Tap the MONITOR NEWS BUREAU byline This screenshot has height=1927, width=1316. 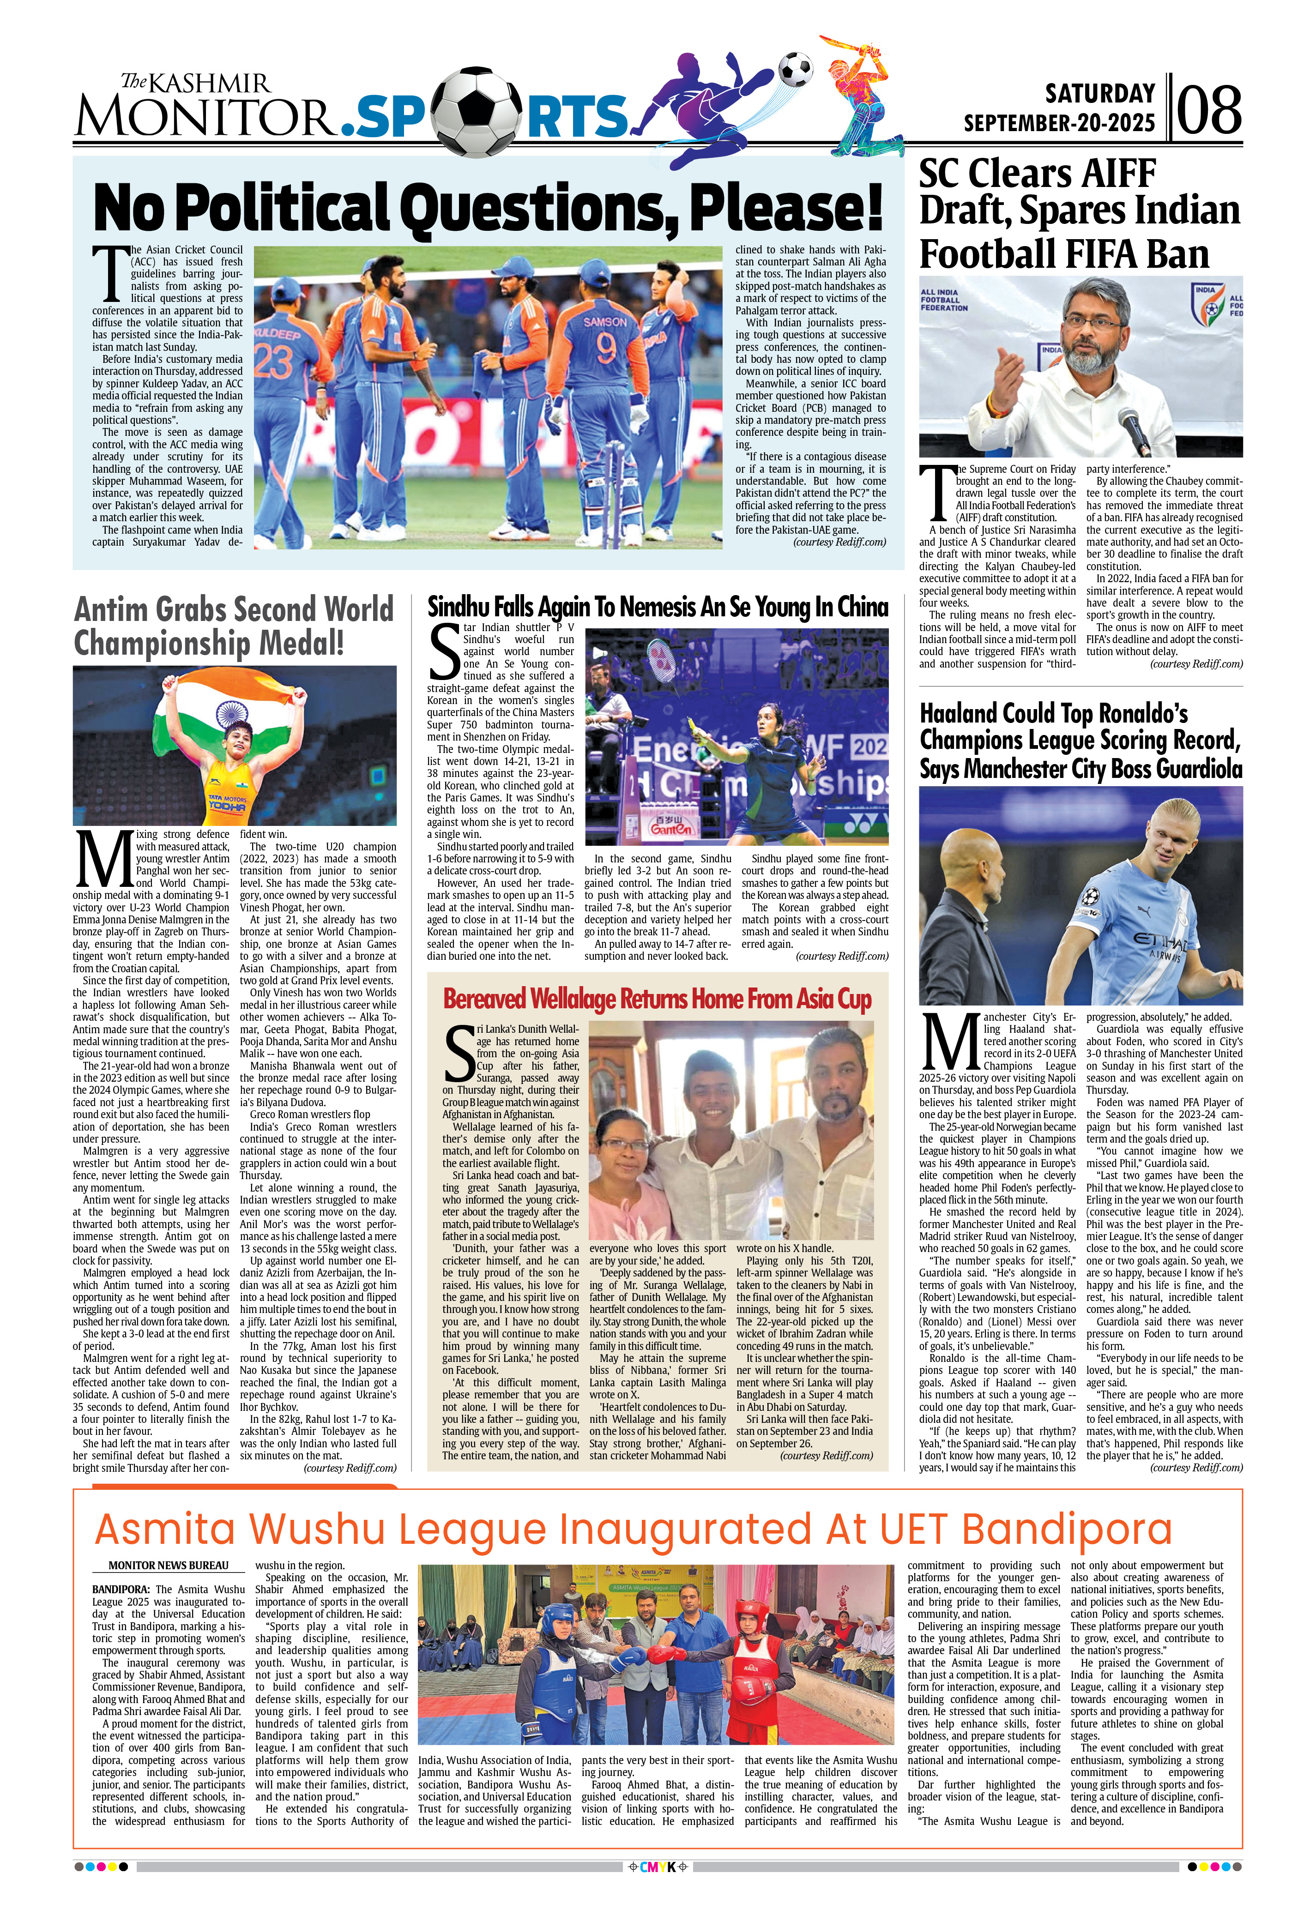(x=169, y=1566)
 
